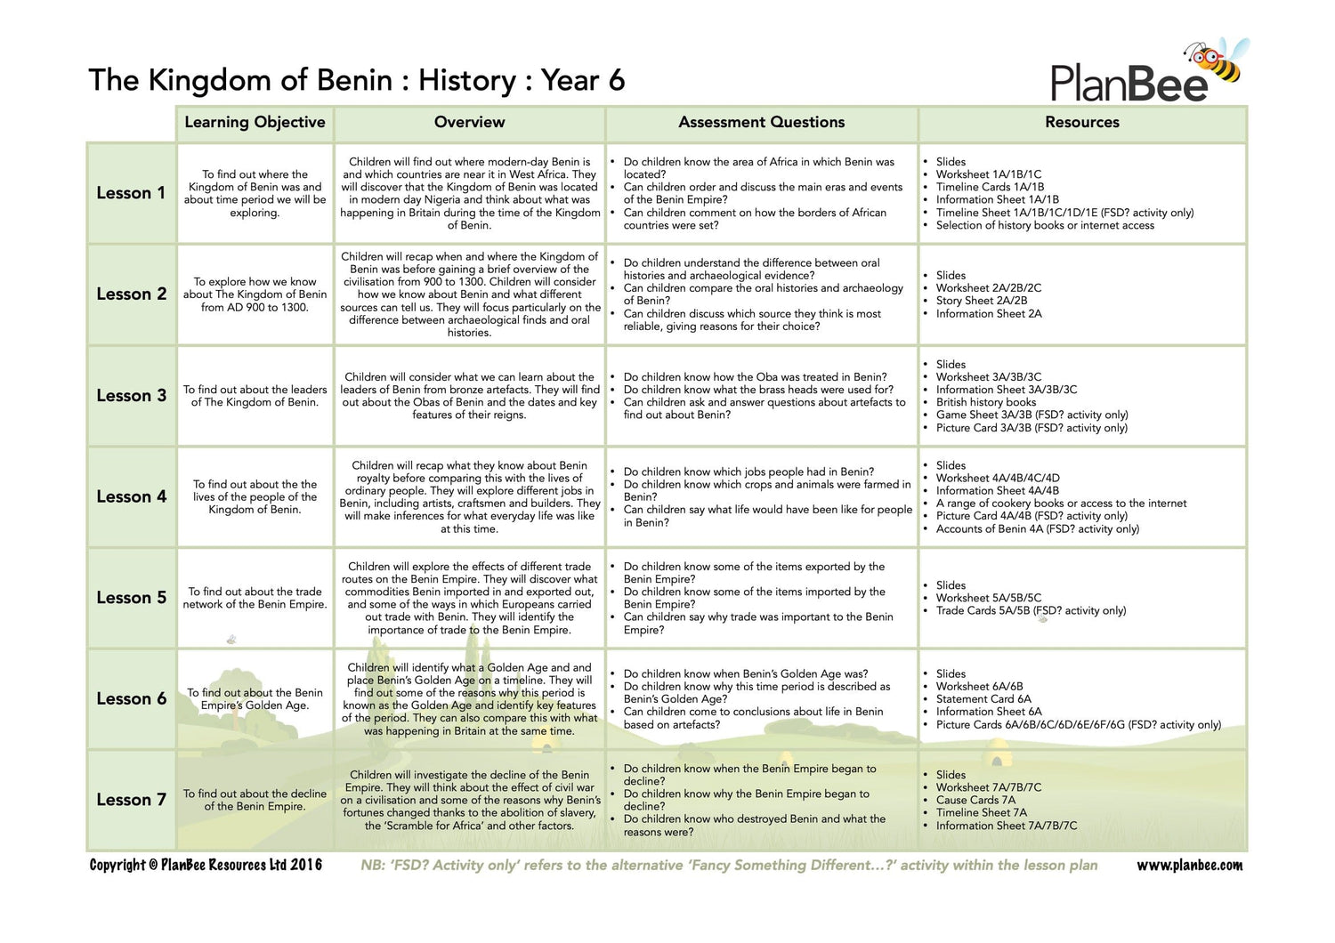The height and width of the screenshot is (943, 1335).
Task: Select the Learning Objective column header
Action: [255, 123]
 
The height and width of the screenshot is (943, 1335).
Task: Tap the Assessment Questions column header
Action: [761, 123]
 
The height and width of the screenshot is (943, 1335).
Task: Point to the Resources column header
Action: [1081, 123]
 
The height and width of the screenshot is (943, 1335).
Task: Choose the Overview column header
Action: [469, 123]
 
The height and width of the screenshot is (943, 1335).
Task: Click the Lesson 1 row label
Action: [131, 193]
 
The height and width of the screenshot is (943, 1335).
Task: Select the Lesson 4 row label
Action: [131, 497]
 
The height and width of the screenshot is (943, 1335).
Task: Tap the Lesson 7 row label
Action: [131, 800]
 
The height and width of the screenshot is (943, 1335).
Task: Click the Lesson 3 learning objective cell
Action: [255, 396]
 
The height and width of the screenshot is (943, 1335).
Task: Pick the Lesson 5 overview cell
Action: [469, 598]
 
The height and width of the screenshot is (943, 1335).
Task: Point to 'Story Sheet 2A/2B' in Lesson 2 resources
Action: [981, 301]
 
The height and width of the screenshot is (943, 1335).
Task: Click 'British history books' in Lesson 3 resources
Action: [985, 402]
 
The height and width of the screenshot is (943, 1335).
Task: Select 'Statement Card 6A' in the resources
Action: [983, 699]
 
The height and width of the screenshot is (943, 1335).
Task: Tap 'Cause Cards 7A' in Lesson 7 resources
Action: [975, 800]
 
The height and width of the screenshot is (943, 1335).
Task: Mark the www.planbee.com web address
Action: [1189, 866]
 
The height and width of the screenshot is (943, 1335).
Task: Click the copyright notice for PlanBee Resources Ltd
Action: [206, 866]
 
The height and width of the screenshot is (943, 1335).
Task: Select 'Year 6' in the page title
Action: [583, 81]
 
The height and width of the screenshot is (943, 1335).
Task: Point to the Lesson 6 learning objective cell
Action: [255, 699]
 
